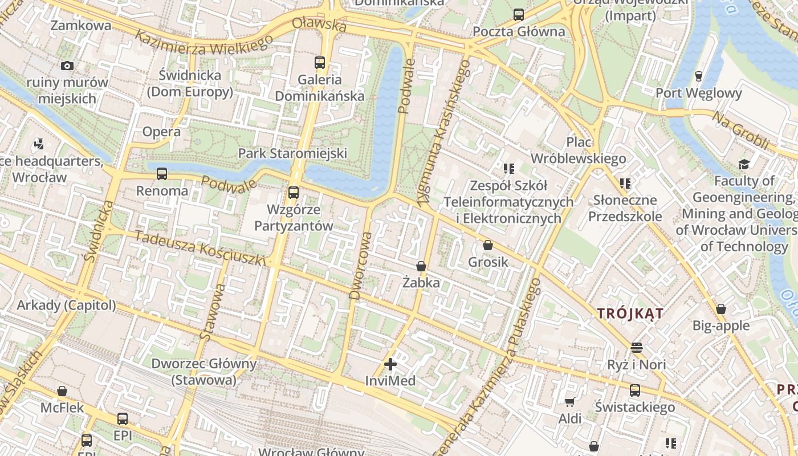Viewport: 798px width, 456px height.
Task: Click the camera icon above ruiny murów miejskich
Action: pyautogui.click(x=67, y=66)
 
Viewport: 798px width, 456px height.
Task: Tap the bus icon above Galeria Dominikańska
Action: pyautogui.click(x=320, y=63)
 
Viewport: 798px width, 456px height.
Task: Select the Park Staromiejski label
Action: pyautogui.click(x=292, y=153)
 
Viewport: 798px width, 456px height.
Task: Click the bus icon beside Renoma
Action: pyautogui.click(x=162, y=174)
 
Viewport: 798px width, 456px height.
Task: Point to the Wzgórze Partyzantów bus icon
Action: pyautogui.click(x=294, y=193)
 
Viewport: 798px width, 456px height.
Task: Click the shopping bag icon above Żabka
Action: pyautogui.click(x=421, y=266)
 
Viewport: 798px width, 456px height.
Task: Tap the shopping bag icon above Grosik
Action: pyautogui.click(x=488, y=246)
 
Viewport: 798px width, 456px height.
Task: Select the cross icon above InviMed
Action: pyautogui.click(x=390, y=364)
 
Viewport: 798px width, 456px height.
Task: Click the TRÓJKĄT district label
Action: pyautogui.click(x=630, y=313)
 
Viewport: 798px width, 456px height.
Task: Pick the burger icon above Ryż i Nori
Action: pyautogui.click(x=637, y=347)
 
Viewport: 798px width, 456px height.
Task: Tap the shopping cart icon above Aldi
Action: pyautogui.click(x=569, y=402)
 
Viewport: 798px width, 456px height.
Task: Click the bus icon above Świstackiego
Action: pyautogui.click(x=635, y=390)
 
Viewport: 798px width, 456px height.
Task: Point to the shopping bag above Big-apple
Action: pyautogui.click(x=721, y=309)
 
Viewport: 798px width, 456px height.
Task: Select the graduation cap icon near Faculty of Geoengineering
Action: pyautogui.click(x=744, y=165)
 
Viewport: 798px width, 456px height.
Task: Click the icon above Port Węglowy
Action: pyautogui.click(x=699, y=76)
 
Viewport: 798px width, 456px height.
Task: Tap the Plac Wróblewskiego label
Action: pyautogui.click(x=578, y=150)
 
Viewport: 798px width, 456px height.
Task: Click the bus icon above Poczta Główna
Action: pyautogui.click(x=518, y=15)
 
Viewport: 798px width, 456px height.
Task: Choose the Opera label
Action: pyautogui.click(x=161, y=132)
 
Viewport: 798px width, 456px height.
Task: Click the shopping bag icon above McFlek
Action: pyautogui.click(x=62, y=391)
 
